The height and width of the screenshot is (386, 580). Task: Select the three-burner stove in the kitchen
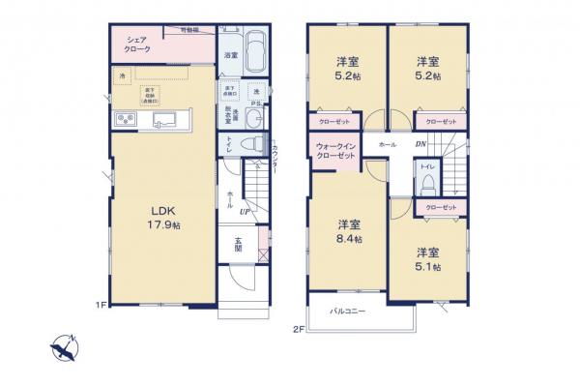[126, 119]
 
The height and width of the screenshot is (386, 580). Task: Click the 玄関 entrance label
[238, 245]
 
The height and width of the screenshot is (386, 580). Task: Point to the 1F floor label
[100, 307]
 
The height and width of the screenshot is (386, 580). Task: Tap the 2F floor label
[299, 329]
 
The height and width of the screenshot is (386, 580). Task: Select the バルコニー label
[346, 312]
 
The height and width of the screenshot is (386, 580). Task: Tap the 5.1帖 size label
[427, 266]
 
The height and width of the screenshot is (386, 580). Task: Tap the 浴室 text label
[232, 57]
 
